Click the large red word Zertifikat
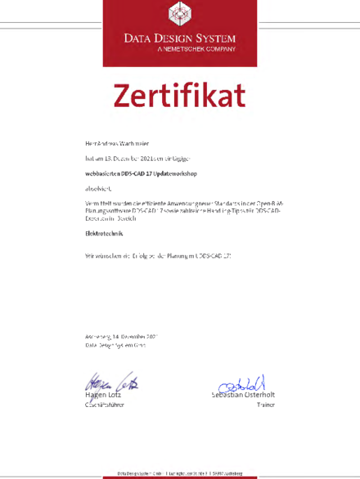pos(179,96)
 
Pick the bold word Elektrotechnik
pos(105,233)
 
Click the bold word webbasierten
pos(102,173)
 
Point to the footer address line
pos(179,472)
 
